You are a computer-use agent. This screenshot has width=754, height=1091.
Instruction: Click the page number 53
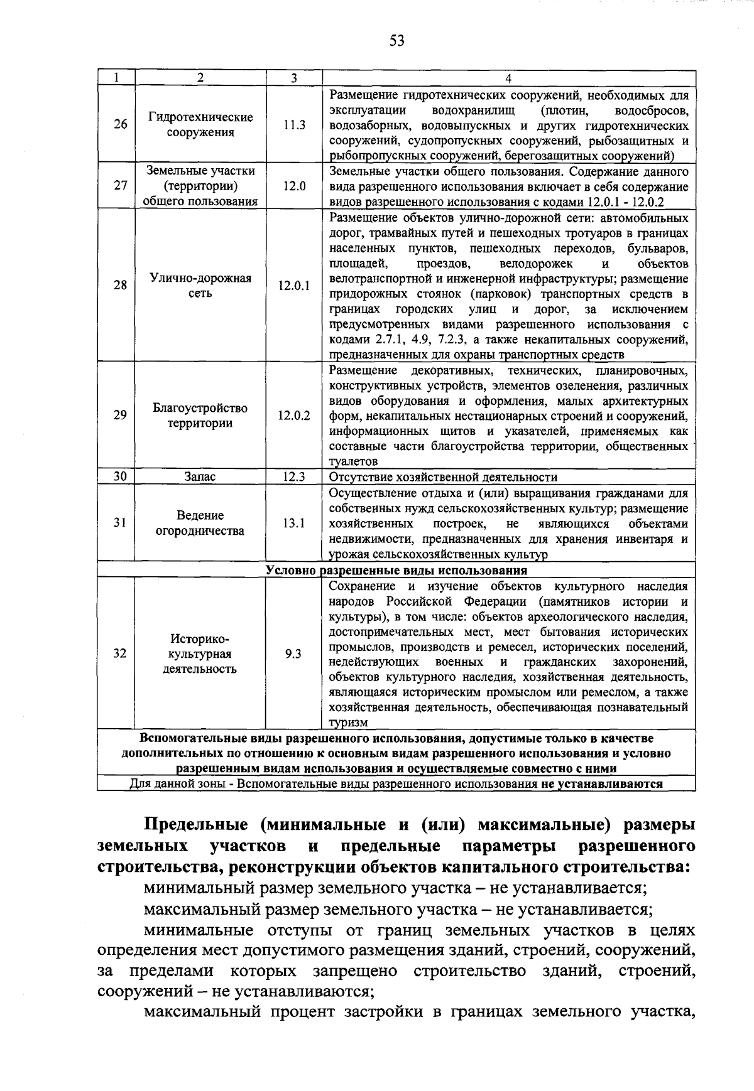[x=396, y=41]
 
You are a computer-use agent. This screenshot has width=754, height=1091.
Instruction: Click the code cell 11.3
[x=294, y=124]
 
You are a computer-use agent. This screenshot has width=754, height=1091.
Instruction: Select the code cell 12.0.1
[x=294, y=286]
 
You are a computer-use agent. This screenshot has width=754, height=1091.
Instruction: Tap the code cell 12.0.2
[x=294, y=415]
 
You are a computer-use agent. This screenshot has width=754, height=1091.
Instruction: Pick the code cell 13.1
[x=294, y=523]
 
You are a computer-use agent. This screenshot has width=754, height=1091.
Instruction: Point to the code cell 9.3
[x=293, y=653]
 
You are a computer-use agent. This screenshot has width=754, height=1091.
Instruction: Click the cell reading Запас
[x=200, y=476]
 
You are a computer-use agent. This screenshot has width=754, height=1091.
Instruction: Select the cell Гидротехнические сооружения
[x=200, y=124]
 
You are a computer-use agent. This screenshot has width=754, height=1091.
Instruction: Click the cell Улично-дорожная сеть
[x=200, y=286]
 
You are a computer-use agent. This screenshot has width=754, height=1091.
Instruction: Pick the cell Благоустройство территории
[x=200, y=415]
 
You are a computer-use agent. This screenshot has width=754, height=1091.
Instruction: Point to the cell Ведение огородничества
[x=200, y=523]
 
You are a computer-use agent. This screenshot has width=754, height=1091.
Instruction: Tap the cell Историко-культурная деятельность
[x=200, y=653]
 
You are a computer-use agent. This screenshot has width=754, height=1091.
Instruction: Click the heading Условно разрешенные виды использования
[x=396, y=571]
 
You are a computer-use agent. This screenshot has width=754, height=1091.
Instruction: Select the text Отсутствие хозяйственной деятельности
[x=443, y=477]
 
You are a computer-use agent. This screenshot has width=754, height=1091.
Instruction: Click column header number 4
[x=508, y=78]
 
